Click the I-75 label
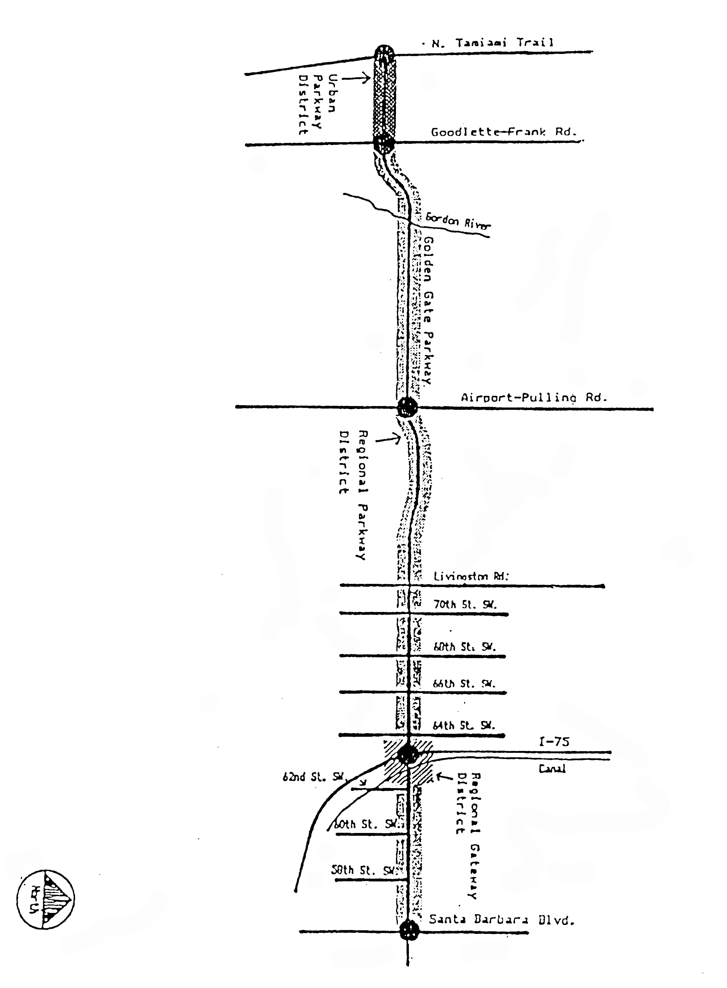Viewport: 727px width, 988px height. click(x=554, y=742)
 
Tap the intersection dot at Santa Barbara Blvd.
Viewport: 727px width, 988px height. click(x=410, y=931)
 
